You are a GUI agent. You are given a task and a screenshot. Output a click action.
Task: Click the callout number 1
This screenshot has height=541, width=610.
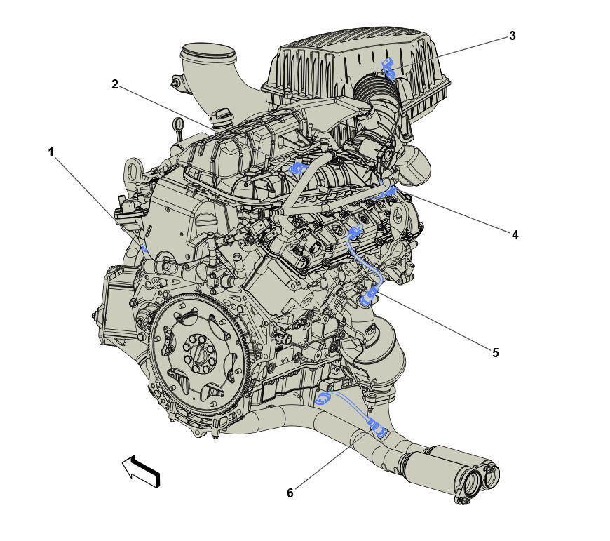tap(51, 152)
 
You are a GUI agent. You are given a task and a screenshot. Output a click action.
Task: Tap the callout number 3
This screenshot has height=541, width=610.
tap(512, 36)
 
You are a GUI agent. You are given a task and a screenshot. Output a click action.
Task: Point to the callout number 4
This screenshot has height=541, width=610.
tap(515, 235)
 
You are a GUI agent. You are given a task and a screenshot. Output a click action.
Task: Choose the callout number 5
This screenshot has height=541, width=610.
tap(495, 352)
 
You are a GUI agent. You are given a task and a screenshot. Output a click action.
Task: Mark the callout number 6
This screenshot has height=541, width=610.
tap(290, 493)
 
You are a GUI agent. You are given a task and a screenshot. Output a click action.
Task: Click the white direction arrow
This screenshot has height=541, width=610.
tap(141, 471)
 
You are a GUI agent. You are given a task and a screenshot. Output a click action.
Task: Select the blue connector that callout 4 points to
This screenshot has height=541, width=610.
tap(389, 190)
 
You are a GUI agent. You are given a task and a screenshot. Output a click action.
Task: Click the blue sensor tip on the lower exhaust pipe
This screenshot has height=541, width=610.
tap(379, 429)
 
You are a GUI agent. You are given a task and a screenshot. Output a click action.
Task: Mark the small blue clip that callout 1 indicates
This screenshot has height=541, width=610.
tap(144, 248)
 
